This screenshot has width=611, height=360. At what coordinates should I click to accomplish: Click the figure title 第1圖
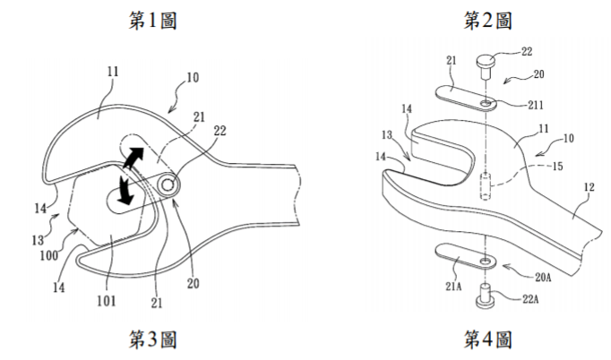point(152,20)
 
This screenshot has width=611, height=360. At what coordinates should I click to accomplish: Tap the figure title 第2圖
point(487,20)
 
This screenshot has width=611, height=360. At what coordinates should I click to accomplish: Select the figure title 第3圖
point(152,339)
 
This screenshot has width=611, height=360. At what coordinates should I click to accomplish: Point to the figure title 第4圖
point(487,339)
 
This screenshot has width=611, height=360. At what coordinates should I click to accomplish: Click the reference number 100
point(49,255)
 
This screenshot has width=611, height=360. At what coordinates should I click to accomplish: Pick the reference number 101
point(107,300)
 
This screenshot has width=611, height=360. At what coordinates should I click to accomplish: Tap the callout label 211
point(536,105)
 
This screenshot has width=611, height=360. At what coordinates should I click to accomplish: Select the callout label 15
point(557,167)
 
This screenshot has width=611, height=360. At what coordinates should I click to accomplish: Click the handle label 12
point(589,187)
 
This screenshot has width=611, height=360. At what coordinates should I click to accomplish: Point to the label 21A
point(453,287)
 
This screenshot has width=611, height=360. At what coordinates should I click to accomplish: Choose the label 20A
point(543,277)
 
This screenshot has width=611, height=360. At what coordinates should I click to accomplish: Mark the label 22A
point(530,299)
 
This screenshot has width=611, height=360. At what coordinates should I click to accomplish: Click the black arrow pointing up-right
point(133,158)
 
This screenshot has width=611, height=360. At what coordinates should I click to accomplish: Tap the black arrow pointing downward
point(125,190)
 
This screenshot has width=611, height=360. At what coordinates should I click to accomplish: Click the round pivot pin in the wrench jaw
point(168,184)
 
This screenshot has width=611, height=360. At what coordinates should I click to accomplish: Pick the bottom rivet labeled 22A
point(485,296)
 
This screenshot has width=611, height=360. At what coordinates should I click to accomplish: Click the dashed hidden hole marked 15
point(485,186)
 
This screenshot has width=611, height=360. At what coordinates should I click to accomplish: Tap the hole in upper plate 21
point(486,103)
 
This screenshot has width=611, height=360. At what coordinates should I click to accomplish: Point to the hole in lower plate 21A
point(486,260)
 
